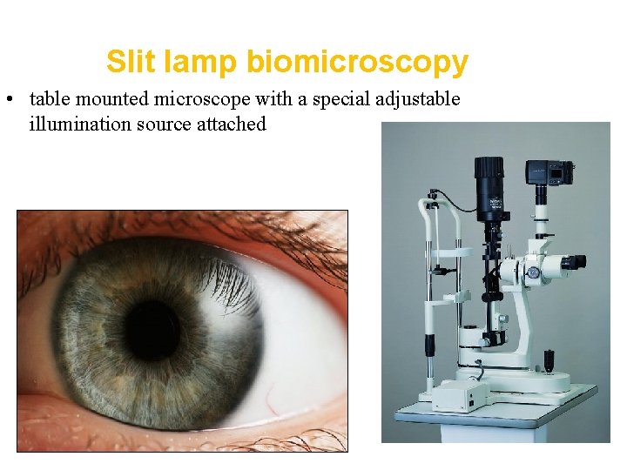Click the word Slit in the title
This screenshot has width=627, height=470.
click(126, 62)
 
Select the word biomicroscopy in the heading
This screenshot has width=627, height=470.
click(357, 62)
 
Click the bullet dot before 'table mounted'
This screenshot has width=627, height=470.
click(8, 99)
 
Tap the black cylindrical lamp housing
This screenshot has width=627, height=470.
click(489, 186)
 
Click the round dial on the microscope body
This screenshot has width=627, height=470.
click(534, 272)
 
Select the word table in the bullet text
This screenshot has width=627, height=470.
click(48, 99)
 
